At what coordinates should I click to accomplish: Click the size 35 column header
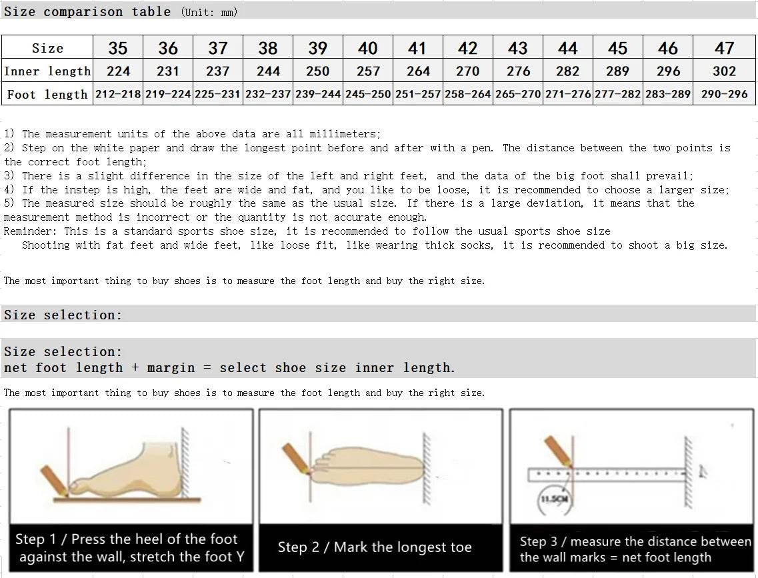click(x=118, y=48)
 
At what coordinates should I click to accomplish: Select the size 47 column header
click(x=724, y=48)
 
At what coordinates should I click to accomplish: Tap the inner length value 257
click(x=368, y=71)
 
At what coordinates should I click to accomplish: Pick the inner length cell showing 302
click(x=724, y=71)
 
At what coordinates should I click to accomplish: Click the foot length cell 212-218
click(x=118, y=94)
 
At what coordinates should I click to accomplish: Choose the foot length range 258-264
click(x=467, y=94)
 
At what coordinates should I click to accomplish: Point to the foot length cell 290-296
click(x=724, y=94)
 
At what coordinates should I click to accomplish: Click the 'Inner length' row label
click(x=47, y=71)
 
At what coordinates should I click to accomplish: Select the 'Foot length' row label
click(x=47, y=94)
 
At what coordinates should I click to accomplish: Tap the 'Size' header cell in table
click(x=47, y=48)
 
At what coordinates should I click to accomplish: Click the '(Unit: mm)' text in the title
click(x=209, y=12)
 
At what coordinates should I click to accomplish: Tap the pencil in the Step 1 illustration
click(x=55, y=481)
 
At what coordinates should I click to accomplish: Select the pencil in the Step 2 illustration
click(x=296, y=458)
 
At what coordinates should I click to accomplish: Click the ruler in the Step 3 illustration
click(x=607, y=474)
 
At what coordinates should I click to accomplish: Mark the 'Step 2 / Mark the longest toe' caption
click(x=374, y=547)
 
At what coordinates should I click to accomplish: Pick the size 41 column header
click(x=417, y=48)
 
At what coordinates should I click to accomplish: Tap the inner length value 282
click(x=567, y=71)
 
